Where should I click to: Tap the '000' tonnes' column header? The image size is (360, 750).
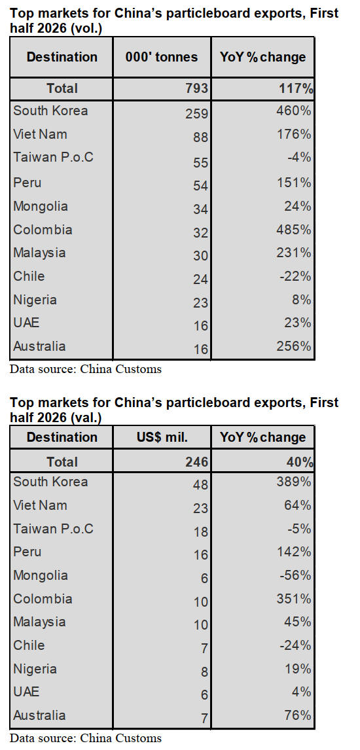[162, 57]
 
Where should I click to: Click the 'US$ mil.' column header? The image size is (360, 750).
[162, 437]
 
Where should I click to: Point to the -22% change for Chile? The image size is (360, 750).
[297, 276]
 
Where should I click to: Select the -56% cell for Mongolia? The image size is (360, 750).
[297, 575]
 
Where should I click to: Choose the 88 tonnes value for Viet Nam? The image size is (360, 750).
[202, 137]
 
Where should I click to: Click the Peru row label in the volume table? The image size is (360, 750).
[27, 183]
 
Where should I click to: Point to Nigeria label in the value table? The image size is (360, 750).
[35, 669]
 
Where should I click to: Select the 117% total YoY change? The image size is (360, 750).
[296, 88]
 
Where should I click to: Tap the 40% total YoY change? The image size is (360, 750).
[300, 462]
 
